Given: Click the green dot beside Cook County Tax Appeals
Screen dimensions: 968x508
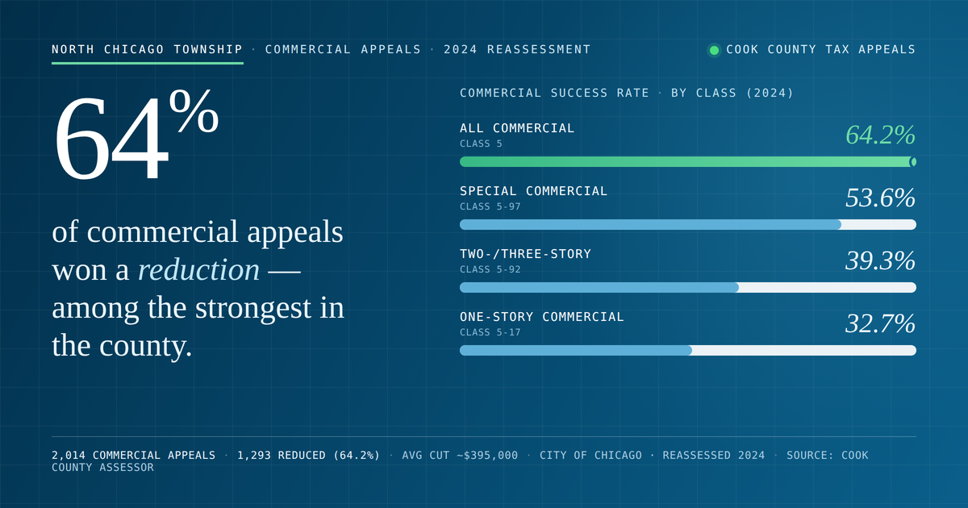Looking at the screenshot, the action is (x=715, y=50).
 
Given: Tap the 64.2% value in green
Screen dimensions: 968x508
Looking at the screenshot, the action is (x=880, y=135).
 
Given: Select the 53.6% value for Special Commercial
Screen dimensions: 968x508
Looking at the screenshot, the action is (x=880, y=198).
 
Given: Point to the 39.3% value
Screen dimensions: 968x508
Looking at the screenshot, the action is (x=880, y=260).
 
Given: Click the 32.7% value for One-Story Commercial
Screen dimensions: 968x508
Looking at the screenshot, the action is (x=880, y=323).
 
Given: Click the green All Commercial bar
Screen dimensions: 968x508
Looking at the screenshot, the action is (x=688, y=162).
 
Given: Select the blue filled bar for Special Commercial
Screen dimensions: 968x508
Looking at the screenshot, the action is (x=650, y=225).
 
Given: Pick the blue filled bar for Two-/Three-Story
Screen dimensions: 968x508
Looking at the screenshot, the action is (x=599, y=287).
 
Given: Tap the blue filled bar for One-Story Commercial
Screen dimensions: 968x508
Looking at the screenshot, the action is (x=576, y=350).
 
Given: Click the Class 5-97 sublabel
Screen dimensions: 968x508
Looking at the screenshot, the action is (x=490, y=206).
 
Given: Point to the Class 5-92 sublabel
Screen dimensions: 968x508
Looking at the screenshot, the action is (x=490, y=269).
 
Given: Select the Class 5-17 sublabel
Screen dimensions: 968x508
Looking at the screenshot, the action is (x=490, y=332).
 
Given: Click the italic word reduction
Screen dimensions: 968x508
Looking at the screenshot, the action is (x=198, y=270).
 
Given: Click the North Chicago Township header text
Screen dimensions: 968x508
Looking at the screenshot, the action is (x=147, y=49).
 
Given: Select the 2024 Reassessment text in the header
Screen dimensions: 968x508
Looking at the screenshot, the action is (x=517, y=49).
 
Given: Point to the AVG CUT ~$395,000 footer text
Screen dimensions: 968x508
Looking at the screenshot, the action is (x=460, y=456).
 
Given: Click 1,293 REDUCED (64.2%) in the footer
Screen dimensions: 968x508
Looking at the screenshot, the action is (x=308, y=456).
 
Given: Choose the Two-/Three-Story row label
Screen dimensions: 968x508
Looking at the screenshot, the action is (x=525, y=254).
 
